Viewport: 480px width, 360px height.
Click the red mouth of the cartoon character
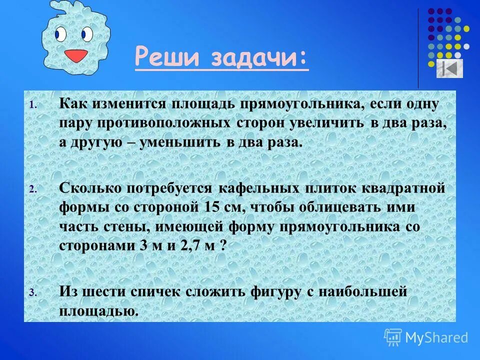pos(76,55)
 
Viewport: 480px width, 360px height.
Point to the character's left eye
pos(60,34)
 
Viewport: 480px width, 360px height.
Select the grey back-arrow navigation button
pos(449,68)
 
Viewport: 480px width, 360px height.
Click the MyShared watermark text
pos(436,337)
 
